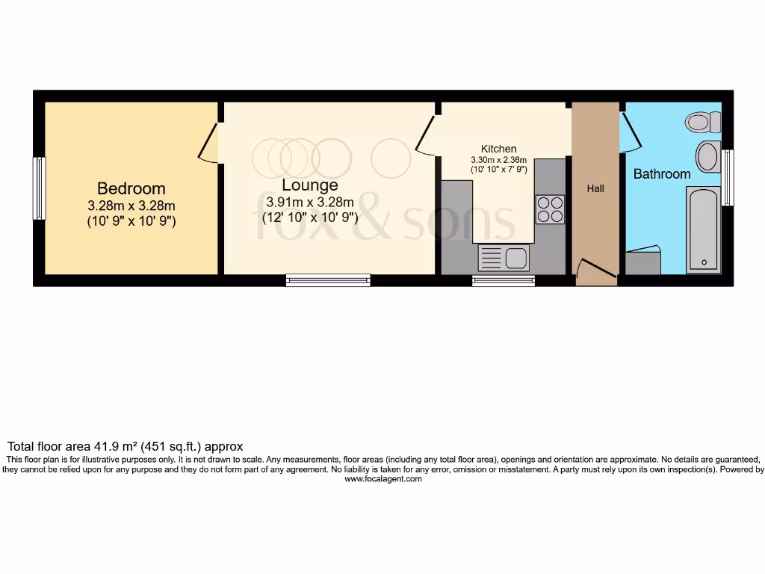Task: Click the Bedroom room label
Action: [x=131, y=188]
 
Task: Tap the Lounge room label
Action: [x=309, y=185]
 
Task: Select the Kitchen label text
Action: [x=498, y=149]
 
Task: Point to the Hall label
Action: [x=595, y=189]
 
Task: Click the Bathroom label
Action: [x=662, y=174]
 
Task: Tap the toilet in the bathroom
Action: [x=703, y=122]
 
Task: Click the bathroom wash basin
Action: [x=707, y=158]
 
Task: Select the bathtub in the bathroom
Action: [x=703, y=230]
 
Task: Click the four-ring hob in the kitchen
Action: [x=550, y=209]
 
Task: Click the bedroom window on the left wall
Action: [x=39, y=188]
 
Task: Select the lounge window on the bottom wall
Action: [x=328, y=280]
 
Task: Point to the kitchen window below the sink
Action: [x=504, y=281]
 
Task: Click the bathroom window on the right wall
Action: [x=728, y=177]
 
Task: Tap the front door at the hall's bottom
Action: [x=595, y=271]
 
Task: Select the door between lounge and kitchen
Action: [x=427, y=135]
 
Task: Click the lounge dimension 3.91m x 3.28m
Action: [x=309, y=202]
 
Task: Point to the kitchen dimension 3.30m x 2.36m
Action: [x=498, y=160]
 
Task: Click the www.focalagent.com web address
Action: [x=383, y=480]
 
